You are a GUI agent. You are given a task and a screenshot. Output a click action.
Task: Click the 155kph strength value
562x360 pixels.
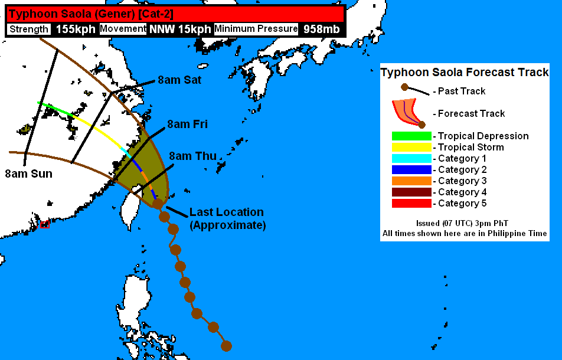coord(75,29)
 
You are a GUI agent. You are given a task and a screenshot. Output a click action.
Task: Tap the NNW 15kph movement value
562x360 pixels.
coord(180,29)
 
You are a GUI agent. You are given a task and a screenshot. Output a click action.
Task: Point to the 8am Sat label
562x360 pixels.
coord(179,80)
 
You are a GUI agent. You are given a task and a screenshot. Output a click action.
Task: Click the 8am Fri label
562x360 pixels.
coord(187,124)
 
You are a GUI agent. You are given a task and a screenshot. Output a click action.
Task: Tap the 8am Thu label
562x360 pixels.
coord(192,156)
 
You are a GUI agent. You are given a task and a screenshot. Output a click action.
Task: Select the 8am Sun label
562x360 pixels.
coord(28,174)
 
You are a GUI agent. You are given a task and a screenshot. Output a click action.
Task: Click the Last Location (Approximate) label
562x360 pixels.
coord(227,218)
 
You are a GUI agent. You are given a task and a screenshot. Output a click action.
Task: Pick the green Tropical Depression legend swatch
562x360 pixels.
coord(411,136)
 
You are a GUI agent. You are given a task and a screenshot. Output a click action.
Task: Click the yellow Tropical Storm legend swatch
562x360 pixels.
coord(411,147)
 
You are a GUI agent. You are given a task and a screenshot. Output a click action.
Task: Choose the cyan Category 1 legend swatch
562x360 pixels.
coord(411,158)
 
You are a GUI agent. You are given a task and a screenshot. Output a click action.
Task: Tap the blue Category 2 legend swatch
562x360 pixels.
coord(411,169)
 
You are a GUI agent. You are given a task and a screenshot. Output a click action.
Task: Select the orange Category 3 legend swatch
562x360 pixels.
coord(411,181)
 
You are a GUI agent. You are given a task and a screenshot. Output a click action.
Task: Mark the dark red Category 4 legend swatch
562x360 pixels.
coord(411,192)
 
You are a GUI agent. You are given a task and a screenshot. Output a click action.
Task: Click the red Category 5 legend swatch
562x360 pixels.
coord(411,203)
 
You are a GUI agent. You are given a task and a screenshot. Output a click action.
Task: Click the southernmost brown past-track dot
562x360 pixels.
coord(226,345)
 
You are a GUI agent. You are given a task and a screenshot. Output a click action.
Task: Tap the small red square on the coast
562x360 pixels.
coord(44,224)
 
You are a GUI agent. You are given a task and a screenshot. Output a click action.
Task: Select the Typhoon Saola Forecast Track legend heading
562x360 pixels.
coord(465,72)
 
